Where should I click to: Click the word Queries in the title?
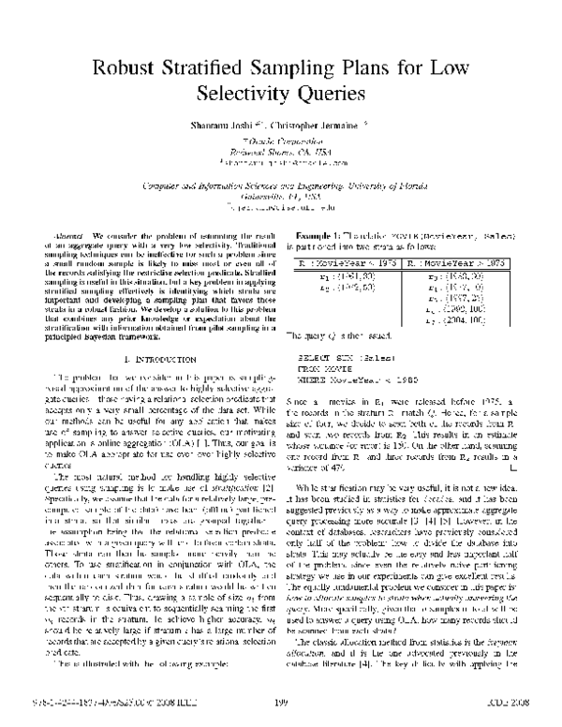click(x=318, y=94)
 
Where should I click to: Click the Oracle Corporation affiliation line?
click(x=282, y=140)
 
